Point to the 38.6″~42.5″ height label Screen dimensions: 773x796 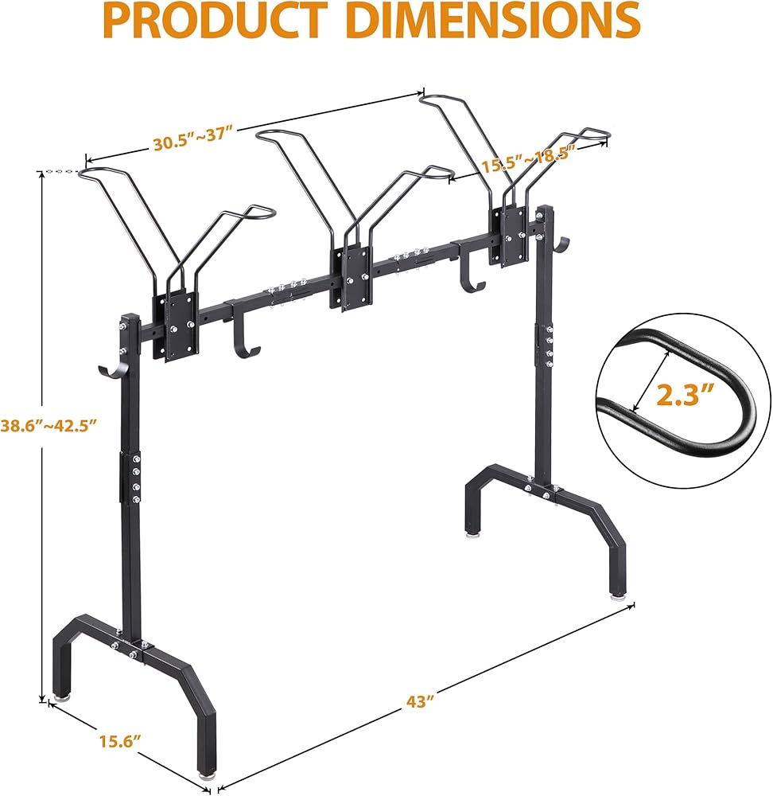(49, 425)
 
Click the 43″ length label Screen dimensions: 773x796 (421, 702)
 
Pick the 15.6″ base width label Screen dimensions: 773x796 (119, 741)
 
